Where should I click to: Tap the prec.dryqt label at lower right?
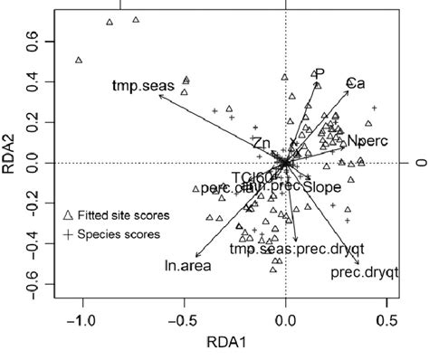(358, 271)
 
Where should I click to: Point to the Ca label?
(357, 82)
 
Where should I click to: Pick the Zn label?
(262, 144)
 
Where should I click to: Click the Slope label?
(322, 187)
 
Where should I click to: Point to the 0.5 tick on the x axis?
(387, 319)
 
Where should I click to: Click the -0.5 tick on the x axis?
(185, 319)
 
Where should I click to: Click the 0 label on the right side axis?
(419, 163)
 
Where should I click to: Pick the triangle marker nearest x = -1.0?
(79, 60)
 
